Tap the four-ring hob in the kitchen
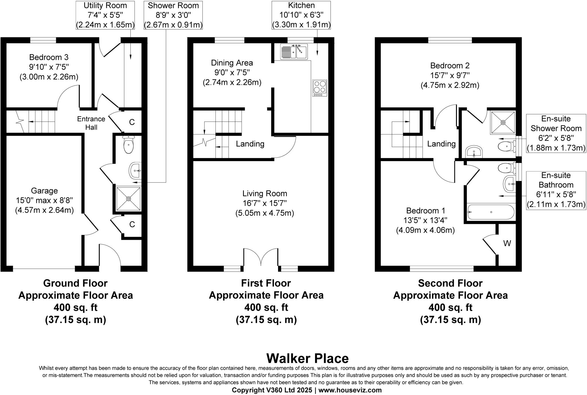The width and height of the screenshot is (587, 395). pos(320,88)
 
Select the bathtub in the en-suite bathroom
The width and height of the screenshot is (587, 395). pos(491,212)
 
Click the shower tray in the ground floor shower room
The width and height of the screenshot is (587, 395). pos(128,199)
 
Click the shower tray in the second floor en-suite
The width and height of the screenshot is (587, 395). pos(503,122)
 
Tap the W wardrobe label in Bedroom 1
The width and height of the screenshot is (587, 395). pos(507,243)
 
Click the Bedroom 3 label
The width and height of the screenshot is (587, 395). pos(49,57)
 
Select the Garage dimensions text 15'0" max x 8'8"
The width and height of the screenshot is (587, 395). pos(44,200)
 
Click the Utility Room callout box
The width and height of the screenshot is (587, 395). pos(105,15)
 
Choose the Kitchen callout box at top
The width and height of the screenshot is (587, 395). pos(301,15)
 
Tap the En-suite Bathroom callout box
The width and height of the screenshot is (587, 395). pos(556,190)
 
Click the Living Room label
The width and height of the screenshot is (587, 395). pos(265,193)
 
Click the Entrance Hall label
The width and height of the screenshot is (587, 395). pos(91,123)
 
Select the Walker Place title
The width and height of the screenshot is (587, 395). pos(308,358)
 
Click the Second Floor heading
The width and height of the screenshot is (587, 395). pos(450,283)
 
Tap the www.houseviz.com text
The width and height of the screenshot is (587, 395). pos(350,390)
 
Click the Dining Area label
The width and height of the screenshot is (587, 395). pos(232,63)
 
